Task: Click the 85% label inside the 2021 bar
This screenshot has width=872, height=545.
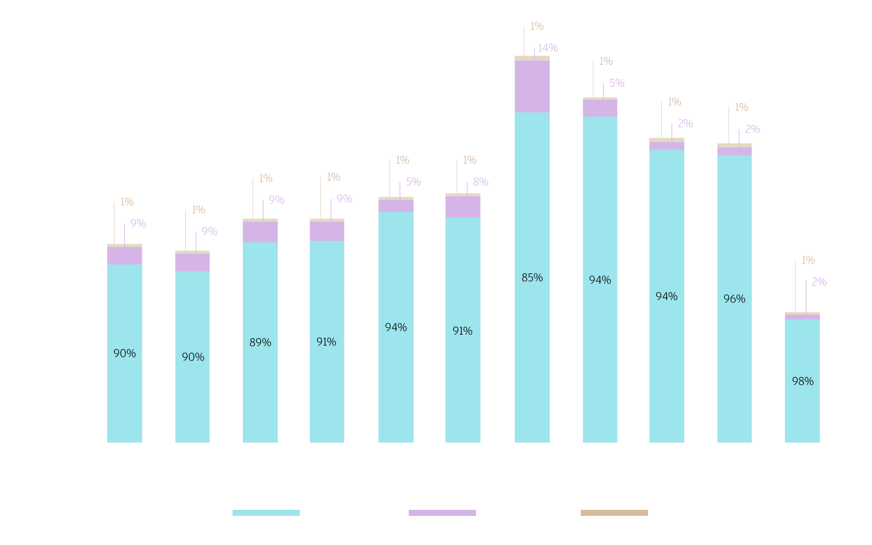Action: click(532, 278)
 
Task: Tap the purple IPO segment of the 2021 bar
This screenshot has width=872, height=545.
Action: click(532, 87)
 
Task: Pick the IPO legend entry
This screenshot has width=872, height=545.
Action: click(457, 512)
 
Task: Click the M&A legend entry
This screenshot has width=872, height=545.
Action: click(285, 512)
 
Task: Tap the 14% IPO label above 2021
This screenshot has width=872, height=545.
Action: click(547, 48)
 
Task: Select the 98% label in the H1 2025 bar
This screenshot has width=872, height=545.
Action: click(803, 381)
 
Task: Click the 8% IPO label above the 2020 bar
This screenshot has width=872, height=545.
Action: click(481, 182)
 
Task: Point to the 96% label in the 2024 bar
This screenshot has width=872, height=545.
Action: click(735, 299)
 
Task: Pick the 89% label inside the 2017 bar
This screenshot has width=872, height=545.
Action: click(260, 343)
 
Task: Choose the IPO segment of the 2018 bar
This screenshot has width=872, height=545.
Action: click(327, 231)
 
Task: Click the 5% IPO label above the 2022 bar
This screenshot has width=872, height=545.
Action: click(616, 83)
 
